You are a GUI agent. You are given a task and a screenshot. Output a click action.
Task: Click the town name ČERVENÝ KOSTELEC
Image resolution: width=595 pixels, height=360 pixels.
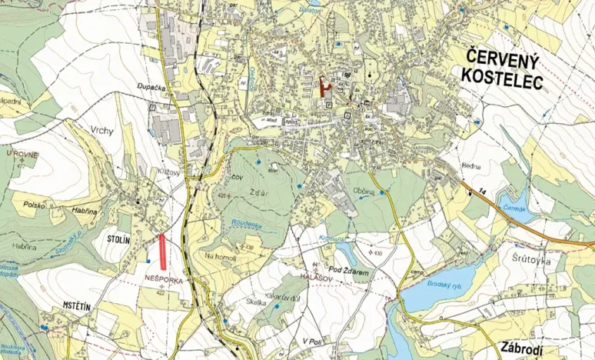500,68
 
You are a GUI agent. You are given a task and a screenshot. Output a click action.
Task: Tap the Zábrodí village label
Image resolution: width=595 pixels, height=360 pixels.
526,346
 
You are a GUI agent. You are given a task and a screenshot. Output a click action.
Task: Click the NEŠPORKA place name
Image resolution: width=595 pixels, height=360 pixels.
162,282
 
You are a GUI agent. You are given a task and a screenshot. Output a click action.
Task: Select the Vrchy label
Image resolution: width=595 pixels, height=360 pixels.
101,130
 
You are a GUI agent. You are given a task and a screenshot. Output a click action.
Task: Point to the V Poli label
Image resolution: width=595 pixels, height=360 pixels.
311,340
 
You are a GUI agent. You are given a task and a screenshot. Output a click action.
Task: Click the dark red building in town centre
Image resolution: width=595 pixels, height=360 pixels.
322,85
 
